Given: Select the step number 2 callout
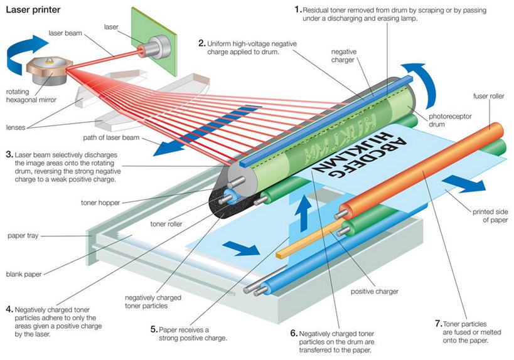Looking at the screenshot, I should point(201,43).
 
